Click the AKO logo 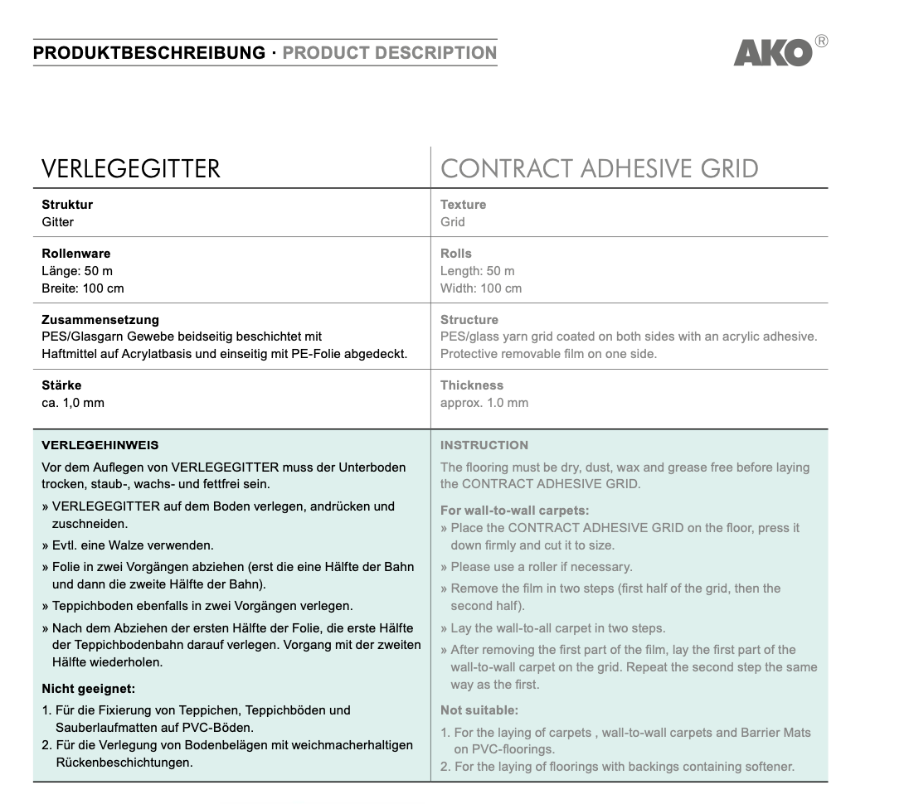tap(773, 53)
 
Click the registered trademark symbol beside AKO tap(821, 41)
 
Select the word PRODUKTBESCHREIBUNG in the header tap(149, 53)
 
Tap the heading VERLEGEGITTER tap(131, 169)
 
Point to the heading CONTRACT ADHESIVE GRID tap(599, 169)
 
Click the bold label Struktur tap(67, 205)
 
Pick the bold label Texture tap(463, 205)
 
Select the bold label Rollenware tap(75, 254)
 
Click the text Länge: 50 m tap(78, 271)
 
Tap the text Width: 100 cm tap(481, 288)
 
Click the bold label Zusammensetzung tap(100, 320)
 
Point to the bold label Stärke tap(61, 385)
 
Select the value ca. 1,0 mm tap(73, 403)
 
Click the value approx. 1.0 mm tap(484, 403)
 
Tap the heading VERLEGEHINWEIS tap(100, 445)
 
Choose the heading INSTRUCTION tap(484, 445)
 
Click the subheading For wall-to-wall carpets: tap(515, 511)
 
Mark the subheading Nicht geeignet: tap(88, 688)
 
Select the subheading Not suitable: tap(479, 710)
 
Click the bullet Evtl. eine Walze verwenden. tap(128, 545)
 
